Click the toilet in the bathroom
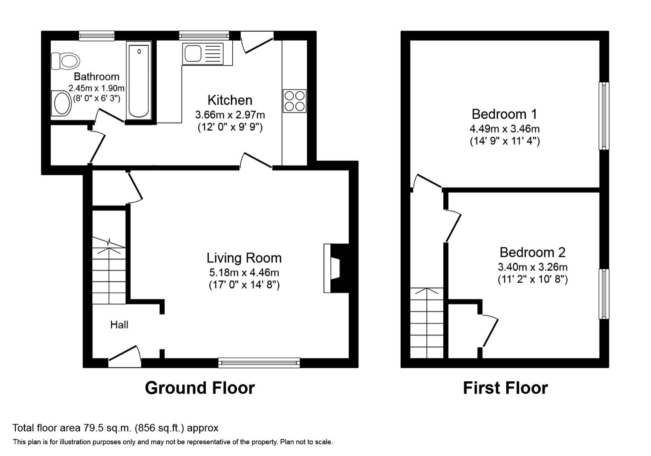click(x=66, y=61)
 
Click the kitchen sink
click(x=207, y=54)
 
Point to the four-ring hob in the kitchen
click(x=295, y=101)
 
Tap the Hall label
click(x=119, y=325)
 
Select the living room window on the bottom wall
click(x=259, y=363)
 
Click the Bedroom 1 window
click(x=604, y=116)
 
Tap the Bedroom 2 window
click(x=604, y=294)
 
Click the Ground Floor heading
click(x=200, y=388)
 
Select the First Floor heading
click(x=505, y=388)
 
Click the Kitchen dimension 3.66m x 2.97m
click(x=230, y=115)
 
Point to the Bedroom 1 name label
click(x=504, y=114)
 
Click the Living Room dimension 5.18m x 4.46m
click(x=244, y=273)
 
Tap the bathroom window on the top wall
click(x=97, y=36)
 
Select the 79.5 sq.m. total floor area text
click(x=115, y=427)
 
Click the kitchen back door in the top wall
click(x=257, y=42)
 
